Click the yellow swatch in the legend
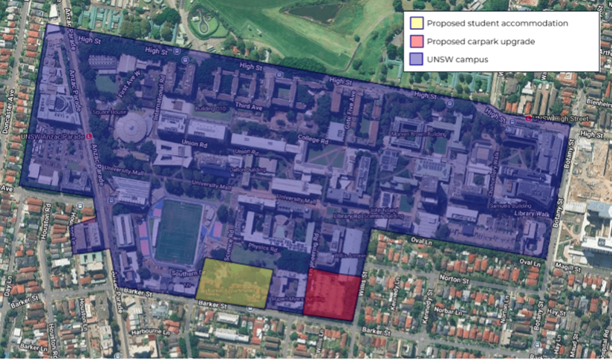click(417, 24)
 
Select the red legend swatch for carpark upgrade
click(417, 42)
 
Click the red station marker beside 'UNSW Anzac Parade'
click(89, 137)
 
